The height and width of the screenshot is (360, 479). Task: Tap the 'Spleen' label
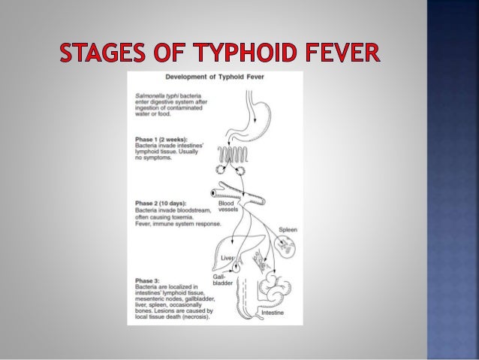click(288, 229)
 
